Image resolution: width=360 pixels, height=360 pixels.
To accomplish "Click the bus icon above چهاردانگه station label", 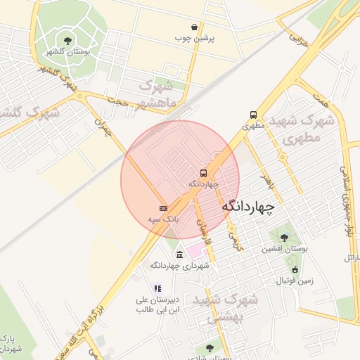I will click(x=203, y=173).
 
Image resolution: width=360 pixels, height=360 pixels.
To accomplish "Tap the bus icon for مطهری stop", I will click(x=252, y=115).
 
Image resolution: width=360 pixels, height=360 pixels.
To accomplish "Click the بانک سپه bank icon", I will click(x=163, y=208).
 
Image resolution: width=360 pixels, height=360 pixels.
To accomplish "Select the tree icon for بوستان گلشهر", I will click(x=67, y=41).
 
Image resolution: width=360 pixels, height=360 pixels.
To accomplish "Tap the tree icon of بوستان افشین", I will click(x=284, y=237).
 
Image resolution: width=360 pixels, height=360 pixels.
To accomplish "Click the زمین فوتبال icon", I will click(x=294, y=269).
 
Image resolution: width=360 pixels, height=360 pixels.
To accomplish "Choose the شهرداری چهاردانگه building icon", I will click(x=180, y=255).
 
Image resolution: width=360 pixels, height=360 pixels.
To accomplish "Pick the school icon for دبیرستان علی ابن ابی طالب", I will click(x=158, y=288).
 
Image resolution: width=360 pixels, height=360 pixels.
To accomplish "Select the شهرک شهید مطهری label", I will click(x=307, y=129).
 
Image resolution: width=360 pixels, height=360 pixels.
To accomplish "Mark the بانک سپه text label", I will click(x=163, y=219).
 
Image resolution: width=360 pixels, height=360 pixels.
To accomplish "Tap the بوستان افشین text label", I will click(x=285, y=249).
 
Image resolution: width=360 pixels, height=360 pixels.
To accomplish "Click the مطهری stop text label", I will click(x=252, y=127).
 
